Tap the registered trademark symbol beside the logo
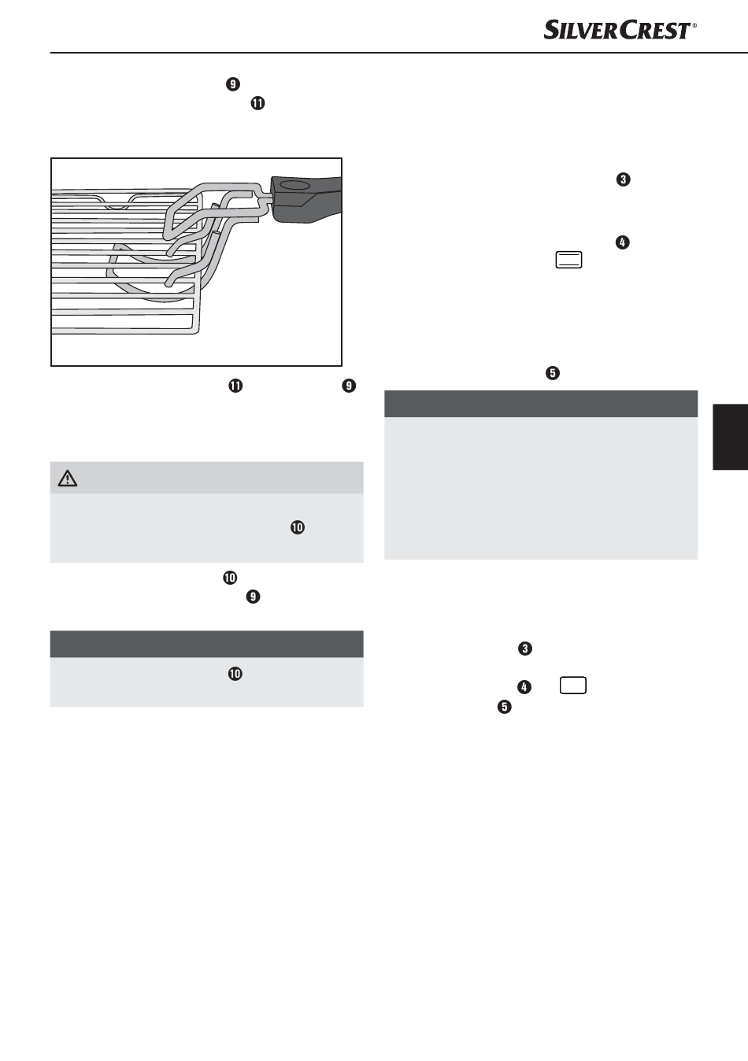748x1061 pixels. pyautogui.click(x=694, y=25)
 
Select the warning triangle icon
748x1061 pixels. pyautogui.click(x=68, y=479)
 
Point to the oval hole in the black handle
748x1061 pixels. pyautogui.click(x=294, y=183)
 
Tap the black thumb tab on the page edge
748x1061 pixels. pyautogui.click(x=730, y=437)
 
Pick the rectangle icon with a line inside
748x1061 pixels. pyautogui.click(x=568, y=260)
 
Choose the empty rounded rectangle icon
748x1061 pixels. pyautogui.click(x=572, y=686)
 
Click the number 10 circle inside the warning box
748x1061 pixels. pyautogui.click(x=298, y=527)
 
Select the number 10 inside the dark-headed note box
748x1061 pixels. pyautogui.click(x=235, y=674)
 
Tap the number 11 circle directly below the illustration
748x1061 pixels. pyautogui.click(x=235, y=386)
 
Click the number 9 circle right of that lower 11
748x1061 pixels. pyautogui.click(x=349, y=386)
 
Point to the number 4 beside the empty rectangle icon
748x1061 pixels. pyautogui.click(x=524, y=687)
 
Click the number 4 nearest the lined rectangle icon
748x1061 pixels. pyautogui.click(x=623, y=242)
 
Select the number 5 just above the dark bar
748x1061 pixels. pyautogui.click(x=553, y=373)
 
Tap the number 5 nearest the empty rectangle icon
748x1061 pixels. pyautogui.click(x=504, y=707)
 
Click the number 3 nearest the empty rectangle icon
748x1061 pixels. pyautogui.click(x=525, y=649)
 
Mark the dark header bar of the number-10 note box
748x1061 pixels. pyautogui.click(x=206, y=644)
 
